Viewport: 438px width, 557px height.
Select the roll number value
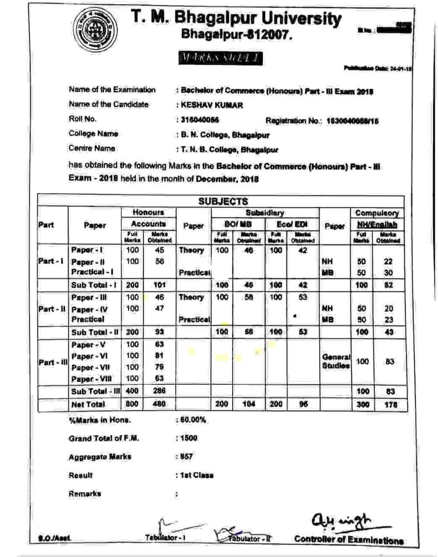[200, 120]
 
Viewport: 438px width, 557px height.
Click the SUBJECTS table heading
[223, 202]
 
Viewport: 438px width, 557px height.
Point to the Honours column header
[148, 213]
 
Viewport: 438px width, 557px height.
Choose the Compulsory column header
[377, 213]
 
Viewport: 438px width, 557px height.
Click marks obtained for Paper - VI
[159, 356]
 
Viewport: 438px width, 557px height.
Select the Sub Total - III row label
[95, 391]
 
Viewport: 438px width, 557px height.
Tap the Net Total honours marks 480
[159, 404]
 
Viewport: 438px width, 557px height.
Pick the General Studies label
[336, 362]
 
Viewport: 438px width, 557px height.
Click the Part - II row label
[52, 309]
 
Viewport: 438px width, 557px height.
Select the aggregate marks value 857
[186, 457]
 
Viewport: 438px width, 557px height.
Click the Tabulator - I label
[165, 537]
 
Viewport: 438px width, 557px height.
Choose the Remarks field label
[85, 494]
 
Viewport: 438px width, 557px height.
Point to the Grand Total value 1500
[189, 438]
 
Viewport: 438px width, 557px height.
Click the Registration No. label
[294, 121]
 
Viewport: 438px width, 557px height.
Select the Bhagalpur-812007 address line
[236, 34]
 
